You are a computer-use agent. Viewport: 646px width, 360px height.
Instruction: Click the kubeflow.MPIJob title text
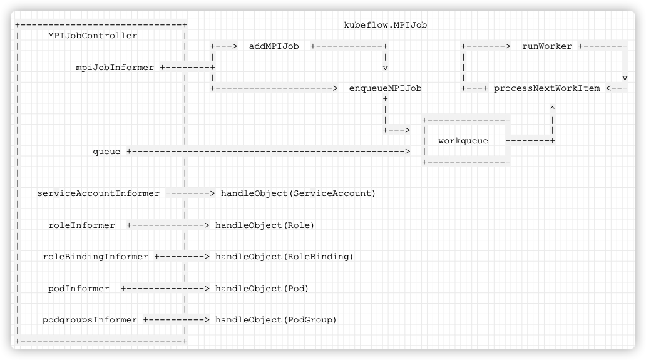click(385, 25)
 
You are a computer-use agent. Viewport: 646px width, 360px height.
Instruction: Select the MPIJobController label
click(93, 36)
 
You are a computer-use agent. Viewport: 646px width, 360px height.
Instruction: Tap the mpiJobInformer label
click(115, 68)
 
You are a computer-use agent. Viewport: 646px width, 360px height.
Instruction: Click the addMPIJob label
click(274, 46)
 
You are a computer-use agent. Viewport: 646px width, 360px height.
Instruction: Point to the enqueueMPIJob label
click(385, 88)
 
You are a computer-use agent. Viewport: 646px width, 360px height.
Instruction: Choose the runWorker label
click(546, 46)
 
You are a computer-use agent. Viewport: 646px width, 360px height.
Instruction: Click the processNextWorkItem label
click(546, 88)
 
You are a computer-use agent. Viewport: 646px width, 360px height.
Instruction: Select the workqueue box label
click(463, 141)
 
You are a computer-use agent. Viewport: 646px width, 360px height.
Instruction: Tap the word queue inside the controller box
click(106, 152)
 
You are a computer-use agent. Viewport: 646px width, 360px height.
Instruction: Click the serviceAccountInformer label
click(98, 193)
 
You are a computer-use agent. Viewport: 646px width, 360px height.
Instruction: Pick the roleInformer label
click(81, 225)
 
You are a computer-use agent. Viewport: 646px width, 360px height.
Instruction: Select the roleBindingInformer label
click(95, 257)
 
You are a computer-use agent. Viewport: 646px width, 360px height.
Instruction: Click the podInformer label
click(79, 289)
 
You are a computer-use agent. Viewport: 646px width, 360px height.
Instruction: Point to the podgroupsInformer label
click(90, 320)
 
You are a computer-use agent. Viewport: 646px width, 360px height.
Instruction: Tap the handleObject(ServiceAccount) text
click(299, 193)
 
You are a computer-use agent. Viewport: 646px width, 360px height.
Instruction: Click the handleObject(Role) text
click(265, 225)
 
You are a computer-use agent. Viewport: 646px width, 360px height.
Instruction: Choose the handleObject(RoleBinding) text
click(284, 257)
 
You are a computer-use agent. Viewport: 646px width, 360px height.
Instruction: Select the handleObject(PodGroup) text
click(275, 320)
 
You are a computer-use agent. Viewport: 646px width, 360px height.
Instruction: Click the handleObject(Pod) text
click(262, 289)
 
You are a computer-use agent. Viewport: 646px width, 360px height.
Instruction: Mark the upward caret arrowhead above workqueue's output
click(553, 108)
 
